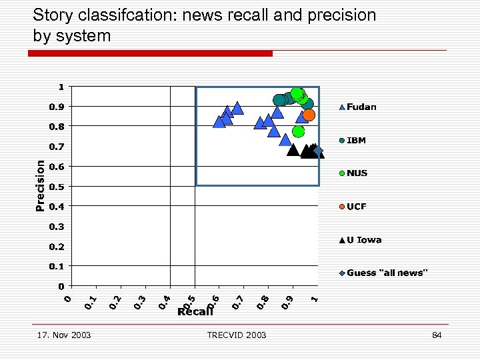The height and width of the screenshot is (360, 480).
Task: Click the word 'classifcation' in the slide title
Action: pyautogui.click(x=125, y=15)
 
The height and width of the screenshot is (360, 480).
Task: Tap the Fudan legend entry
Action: pyautogui.click(x=361, y=107)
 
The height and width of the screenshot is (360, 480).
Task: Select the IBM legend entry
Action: pyautogui.click(x=355, y=141)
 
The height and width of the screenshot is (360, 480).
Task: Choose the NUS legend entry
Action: pyautogui.click(x=356, y=173)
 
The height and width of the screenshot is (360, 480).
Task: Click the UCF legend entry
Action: pyautogui.click(x=356, y=207)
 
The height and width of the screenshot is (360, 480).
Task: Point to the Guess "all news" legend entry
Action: pyautogui.click(x=386, y=273)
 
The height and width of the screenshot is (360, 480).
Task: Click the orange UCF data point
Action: pyautogui.click(x=309, y=115)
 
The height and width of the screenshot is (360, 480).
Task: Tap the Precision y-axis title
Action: pyautogui.click(x=40, y=185)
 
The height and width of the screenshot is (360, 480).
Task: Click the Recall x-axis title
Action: pyautogui.click(x=195, y=311)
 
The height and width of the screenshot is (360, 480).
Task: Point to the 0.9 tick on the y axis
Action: pyautogui.click(x=57, y=107)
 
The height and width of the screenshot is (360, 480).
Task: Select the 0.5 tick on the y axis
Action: pyautogui.click(x=57, y=187)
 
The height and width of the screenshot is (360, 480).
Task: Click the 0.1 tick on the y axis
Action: pyautogui.click(x=57, y=267)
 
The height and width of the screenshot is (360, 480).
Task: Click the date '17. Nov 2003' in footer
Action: pyautogui.click(x=64, y=335)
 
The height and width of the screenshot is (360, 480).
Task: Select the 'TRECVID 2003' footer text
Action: pyautogui.click(x=237, y=335)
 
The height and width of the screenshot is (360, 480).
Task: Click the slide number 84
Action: pyautogui.click(x=437, y=335)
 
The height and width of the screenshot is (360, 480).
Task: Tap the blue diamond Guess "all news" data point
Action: pyautogui.click(x=317, y=151)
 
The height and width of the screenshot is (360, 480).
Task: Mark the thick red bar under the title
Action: pyautogui.click(x=153, y=53)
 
